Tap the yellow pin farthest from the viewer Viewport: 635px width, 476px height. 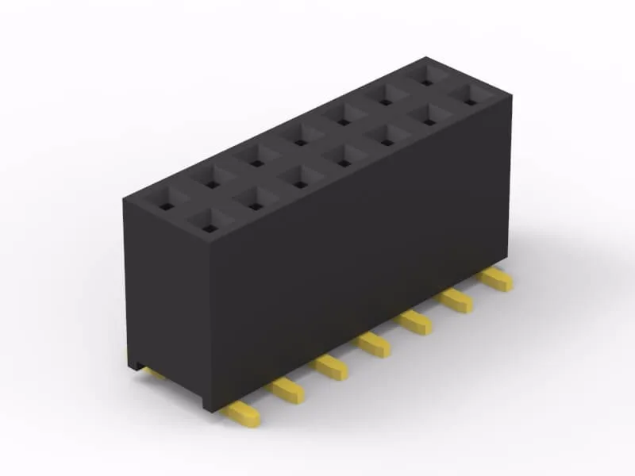(498, 278)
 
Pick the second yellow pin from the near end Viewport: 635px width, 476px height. (287, 389)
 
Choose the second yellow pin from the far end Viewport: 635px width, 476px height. (458, 299)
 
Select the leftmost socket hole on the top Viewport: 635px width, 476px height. (165, 206)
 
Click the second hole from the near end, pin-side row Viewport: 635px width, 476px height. (253, 206)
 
